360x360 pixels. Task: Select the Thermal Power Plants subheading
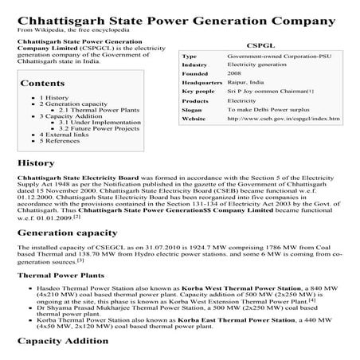pyautogui.click(x=61, y=274)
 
